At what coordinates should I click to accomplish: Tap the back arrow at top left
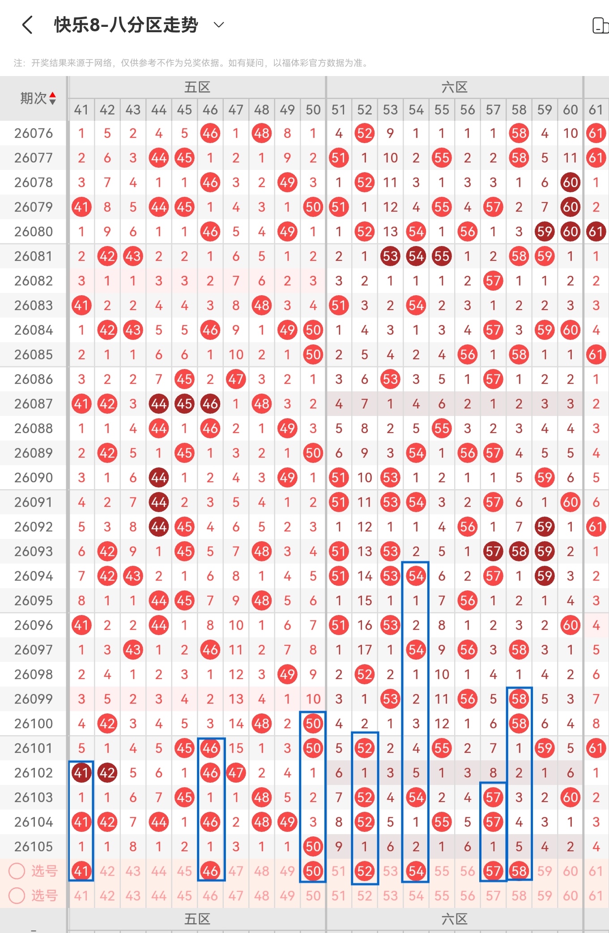(x=27, y=25)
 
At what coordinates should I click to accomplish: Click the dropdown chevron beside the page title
(x=219, y=25)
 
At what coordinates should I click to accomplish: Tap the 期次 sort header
(x=38, y=98)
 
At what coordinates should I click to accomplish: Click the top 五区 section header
(x=197, y=87)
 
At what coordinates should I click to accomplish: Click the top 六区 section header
(x=454, y=87)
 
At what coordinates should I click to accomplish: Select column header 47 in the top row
(x=236, y=110)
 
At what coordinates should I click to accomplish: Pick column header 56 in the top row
(x=468, y=110)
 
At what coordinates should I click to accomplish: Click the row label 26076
(x=34, y=133)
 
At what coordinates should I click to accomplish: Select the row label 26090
(x=34, y=478)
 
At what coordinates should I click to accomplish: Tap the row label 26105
(x=34, y=847)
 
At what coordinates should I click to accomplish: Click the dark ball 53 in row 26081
(x=390, y=256)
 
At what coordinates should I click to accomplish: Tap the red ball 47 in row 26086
(x=236, y=379)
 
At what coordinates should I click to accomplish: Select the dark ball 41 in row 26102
(x=81, y=773)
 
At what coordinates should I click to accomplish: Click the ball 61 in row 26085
(x=596, y=355)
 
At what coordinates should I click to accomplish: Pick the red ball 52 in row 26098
(x=365, y=674)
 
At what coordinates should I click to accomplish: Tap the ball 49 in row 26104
(x=287, y=822)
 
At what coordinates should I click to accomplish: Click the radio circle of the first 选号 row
(x=17, y=871)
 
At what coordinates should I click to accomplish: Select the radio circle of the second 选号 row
(x=17, y=895)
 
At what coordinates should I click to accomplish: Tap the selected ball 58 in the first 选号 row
(x=519, y=871)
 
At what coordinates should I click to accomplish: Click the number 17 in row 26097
(x=365, y=650)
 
